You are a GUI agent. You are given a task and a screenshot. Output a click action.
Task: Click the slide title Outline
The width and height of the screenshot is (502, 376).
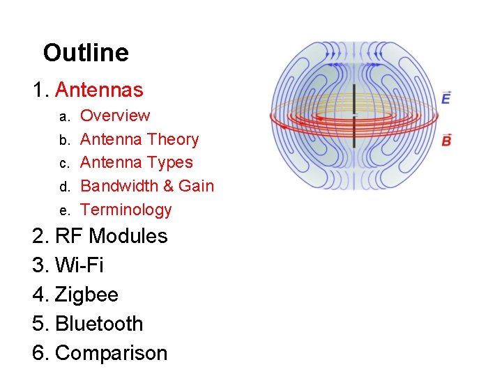[x=86, y=53]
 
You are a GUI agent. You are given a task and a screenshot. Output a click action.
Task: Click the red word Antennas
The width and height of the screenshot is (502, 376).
[x=98, y=90]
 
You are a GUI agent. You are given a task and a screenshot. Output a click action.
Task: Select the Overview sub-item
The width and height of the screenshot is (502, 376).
[x=115, y=116]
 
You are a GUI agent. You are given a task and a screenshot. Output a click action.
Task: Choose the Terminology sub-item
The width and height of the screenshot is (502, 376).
[x=125, y=210]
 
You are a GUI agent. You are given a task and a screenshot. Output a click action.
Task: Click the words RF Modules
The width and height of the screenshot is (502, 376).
[x=111, y=236]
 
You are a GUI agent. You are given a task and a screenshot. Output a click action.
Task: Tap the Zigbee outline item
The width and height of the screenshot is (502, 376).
[x=86, y=295]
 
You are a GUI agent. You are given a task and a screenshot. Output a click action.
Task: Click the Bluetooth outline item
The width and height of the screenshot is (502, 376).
[x=98, y=324]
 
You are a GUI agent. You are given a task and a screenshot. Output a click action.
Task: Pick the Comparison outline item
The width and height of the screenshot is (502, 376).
[x=111, y=353]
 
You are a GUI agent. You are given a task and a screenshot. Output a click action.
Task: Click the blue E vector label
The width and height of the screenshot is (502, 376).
[x=446, y=98]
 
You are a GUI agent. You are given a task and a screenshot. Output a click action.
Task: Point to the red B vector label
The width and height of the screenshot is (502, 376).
[x=446, y=140]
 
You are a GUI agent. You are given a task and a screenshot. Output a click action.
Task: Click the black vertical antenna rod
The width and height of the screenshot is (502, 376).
[x=354, y=115]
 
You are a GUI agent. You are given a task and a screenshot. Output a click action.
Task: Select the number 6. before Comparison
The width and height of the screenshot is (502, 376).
[x=40, y=353]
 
